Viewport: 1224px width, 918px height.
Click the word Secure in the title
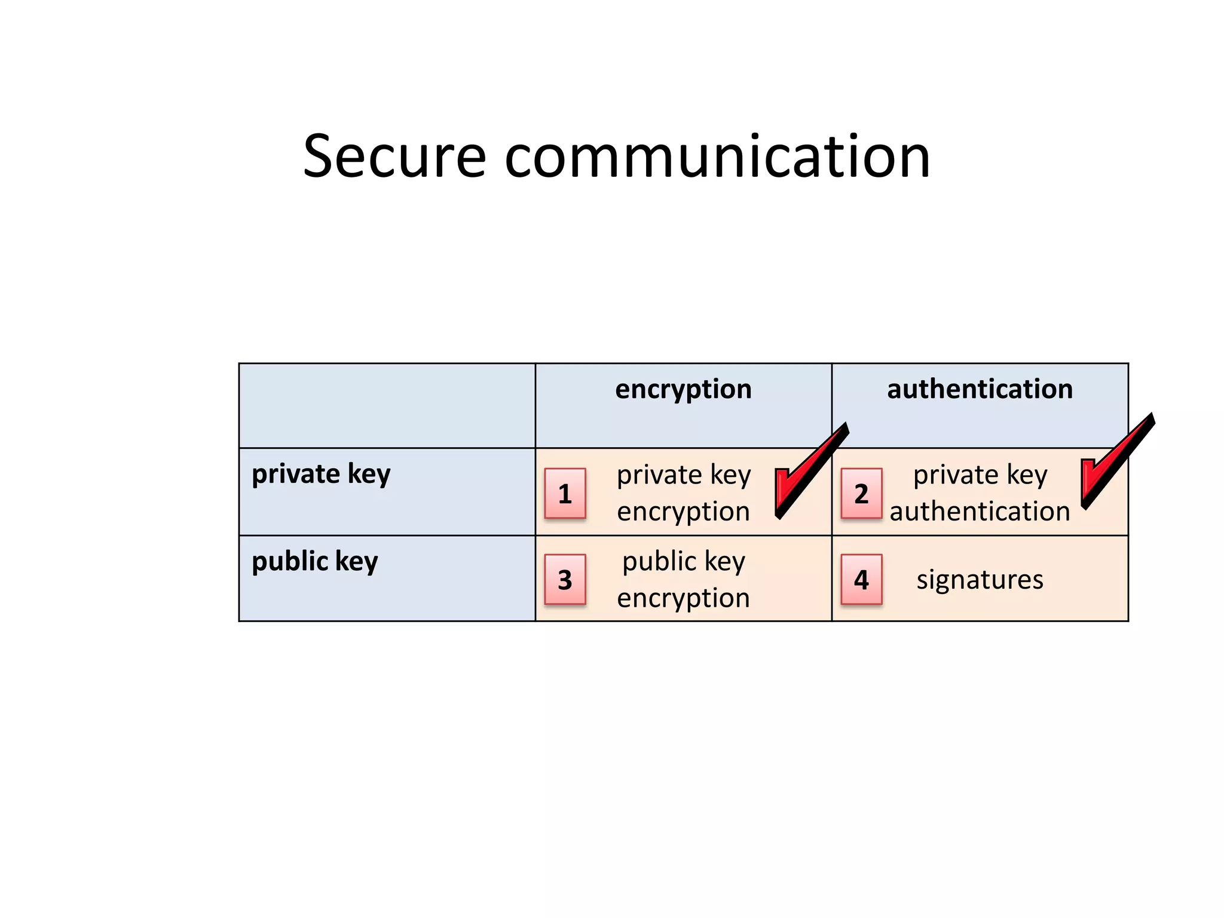[394, 157]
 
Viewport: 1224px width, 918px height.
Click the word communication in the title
[717, 157]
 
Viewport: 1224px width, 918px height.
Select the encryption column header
[683, 390]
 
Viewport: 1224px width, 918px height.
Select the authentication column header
[980, 390]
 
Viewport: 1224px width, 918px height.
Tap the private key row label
[321, 475]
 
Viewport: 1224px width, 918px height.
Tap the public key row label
[314, 562]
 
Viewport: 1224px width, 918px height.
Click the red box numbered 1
[565, 494]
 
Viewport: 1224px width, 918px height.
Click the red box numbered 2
[861, 494]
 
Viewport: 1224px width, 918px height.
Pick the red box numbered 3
[565, 580]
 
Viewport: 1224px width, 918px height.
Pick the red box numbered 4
[861, 580]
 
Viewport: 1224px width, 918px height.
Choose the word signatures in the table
[980, 580]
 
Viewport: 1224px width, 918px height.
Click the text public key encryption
[683, 580]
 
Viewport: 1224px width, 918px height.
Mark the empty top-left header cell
[387, 405]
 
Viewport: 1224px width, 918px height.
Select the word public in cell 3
[659, 562]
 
